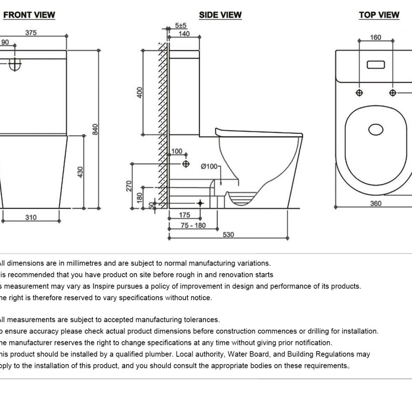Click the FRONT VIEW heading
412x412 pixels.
29,15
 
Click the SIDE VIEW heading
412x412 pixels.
220,15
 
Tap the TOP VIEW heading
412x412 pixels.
379,15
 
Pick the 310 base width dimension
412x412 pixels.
30,217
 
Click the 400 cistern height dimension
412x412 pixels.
139,92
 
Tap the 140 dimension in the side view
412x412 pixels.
183,34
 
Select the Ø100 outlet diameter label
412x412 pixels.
209,166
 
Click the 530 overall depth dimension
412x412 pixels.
228,235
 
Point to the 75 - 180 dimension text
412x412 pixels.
193,225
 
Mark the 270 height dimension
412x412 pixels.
128,186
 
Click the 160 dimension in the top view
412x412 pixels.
375,38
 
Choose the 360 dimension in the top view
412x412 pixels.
376,204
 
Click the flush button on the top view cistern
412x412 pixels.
376,64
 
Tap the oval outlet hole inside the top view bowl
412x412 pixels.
376,129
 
